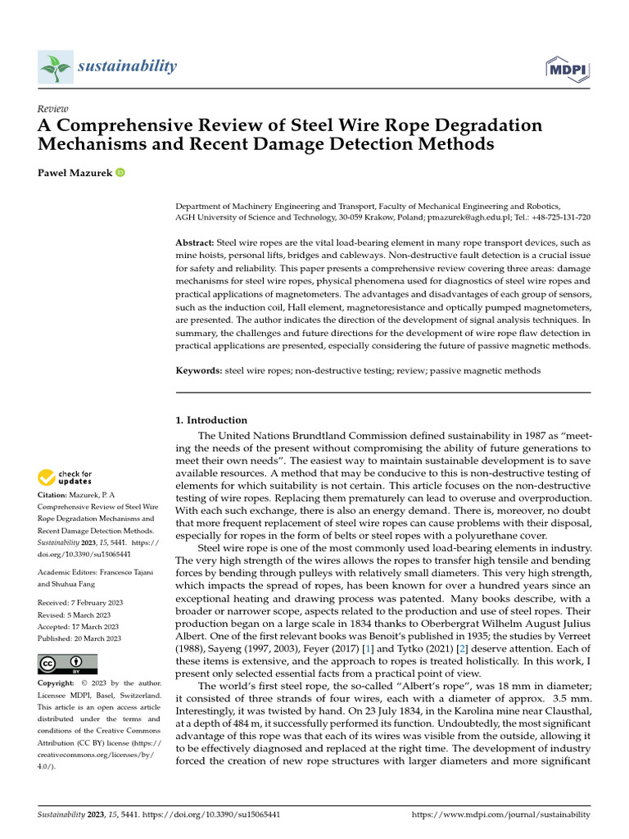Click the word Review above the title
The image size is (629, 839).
tap(53, 109)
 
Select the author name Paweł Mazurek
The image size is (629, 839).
tap(75, 172)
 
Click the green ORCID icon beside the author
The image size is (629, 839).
tap(120, 172)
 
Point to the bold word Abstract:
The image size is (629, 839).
tap(195, 244)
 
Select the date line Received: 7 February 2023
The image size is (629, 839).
tap(79, 603)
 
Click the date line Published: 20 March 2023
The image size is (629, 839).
tap(79, 638)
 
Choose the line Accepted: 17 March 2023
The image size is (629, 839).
tap(77, 627)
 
